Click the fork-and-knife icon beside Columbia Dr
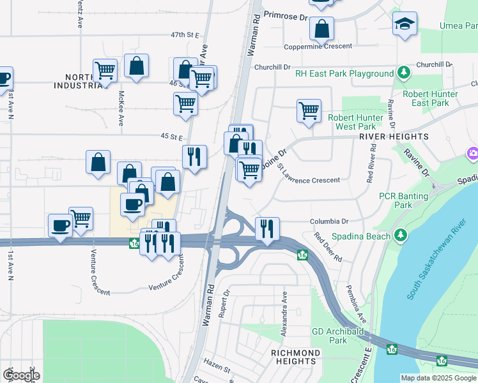point(267,228)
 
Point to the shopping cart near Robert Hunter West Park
point(309,110)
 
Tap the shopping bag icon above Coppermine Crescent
point(321,29)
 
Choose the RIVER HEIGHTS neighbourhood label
point(394,137)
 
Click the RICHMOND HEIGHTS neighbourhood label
point(295,357)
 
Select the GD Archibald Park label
point(339,336)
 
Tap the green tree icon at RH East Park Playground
point(403,73)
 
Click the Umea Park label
point(458,26)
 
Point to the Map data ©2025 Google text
point(438,378)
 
